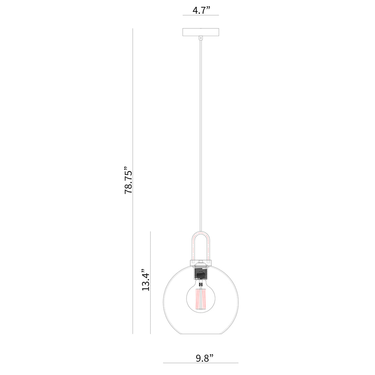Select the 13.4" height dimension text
pyautogui.click(x=146, y=280)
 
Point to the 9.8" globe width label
pyautogui.click(x=204, y=358)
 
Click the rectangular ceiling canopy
pyautogui.click(x=201, y=32)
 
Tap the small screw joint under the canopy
pyautogui.click(x=200, y=38)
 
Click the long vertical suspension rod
pyautogui.click(x=200, y=139)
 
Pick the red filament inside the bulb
pyautogui.click(x=200, y=299)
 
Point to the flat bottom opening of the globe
pyautogui.click(x=201, y=334)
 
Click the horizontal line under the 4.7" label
pyautogui.click(x=201, y=16)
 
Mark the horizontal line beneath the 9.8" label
pyautogui.click(x=201, y=363)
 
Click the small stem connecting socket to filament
pyautogui.click(x=200, y=284)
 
